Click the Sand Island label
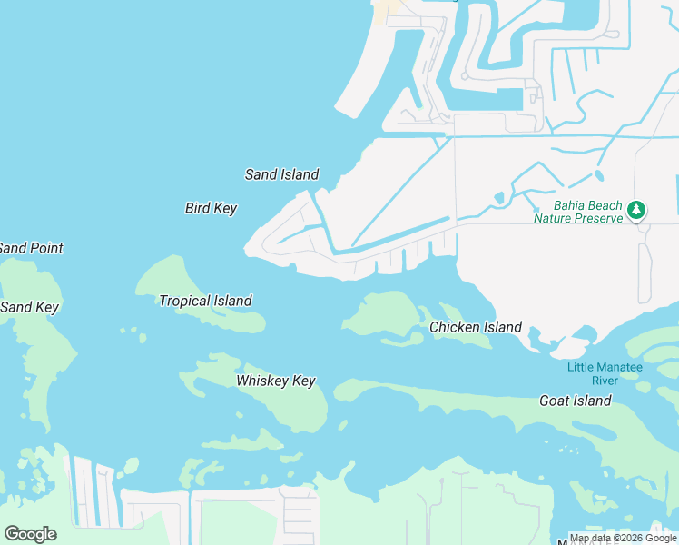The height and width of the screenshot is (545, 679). [282, 174]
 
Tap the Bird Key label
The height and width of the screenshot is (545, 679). [211, 208]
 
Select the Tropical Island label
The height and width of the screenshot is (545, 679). [205, 301]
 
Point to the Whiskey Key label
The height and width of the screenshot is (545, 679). [276, 381]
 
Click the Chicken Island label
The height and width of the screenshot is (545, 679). [476, 327]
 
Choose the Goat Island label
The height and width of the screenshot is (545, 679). [576, 401]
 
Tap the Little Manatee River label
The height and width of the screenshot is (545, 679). [605, 373]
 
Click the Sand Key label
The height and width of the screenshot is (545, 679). [29, 307]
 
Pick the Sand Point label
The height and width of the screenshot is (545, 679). [31, 248]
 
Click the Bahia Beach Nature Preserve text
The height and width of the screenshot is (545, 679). [578, 212]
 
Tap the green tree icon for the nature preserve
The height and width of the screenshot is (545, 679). [637, 211]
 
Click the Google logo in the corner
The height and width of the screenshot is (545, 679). [30, 534]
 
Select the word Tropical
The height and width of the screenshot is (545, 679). [185, 301]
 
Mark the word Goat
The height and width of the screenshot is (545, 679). [556, 401]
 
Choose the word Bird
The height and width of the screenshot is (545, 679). [198, 208]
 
